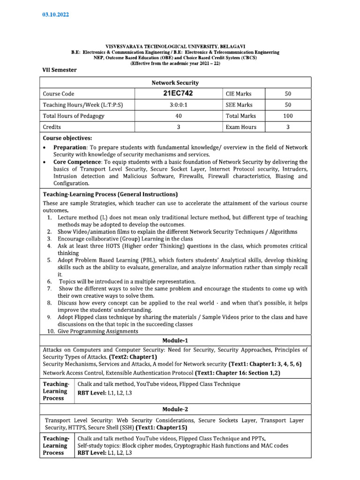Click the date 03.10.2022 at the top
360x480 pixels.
click(56, 15)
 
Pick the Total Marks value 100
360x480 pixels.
click(288, 116)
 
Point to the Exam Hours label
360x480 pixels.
click(241, 127)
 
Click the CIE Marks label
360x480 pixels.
click(239, 94)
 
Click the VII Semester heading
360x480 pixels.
click(60, 70)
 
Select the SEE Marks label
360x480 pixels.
click(239, 105)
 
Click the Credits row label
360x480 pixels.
click(52, 127)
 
